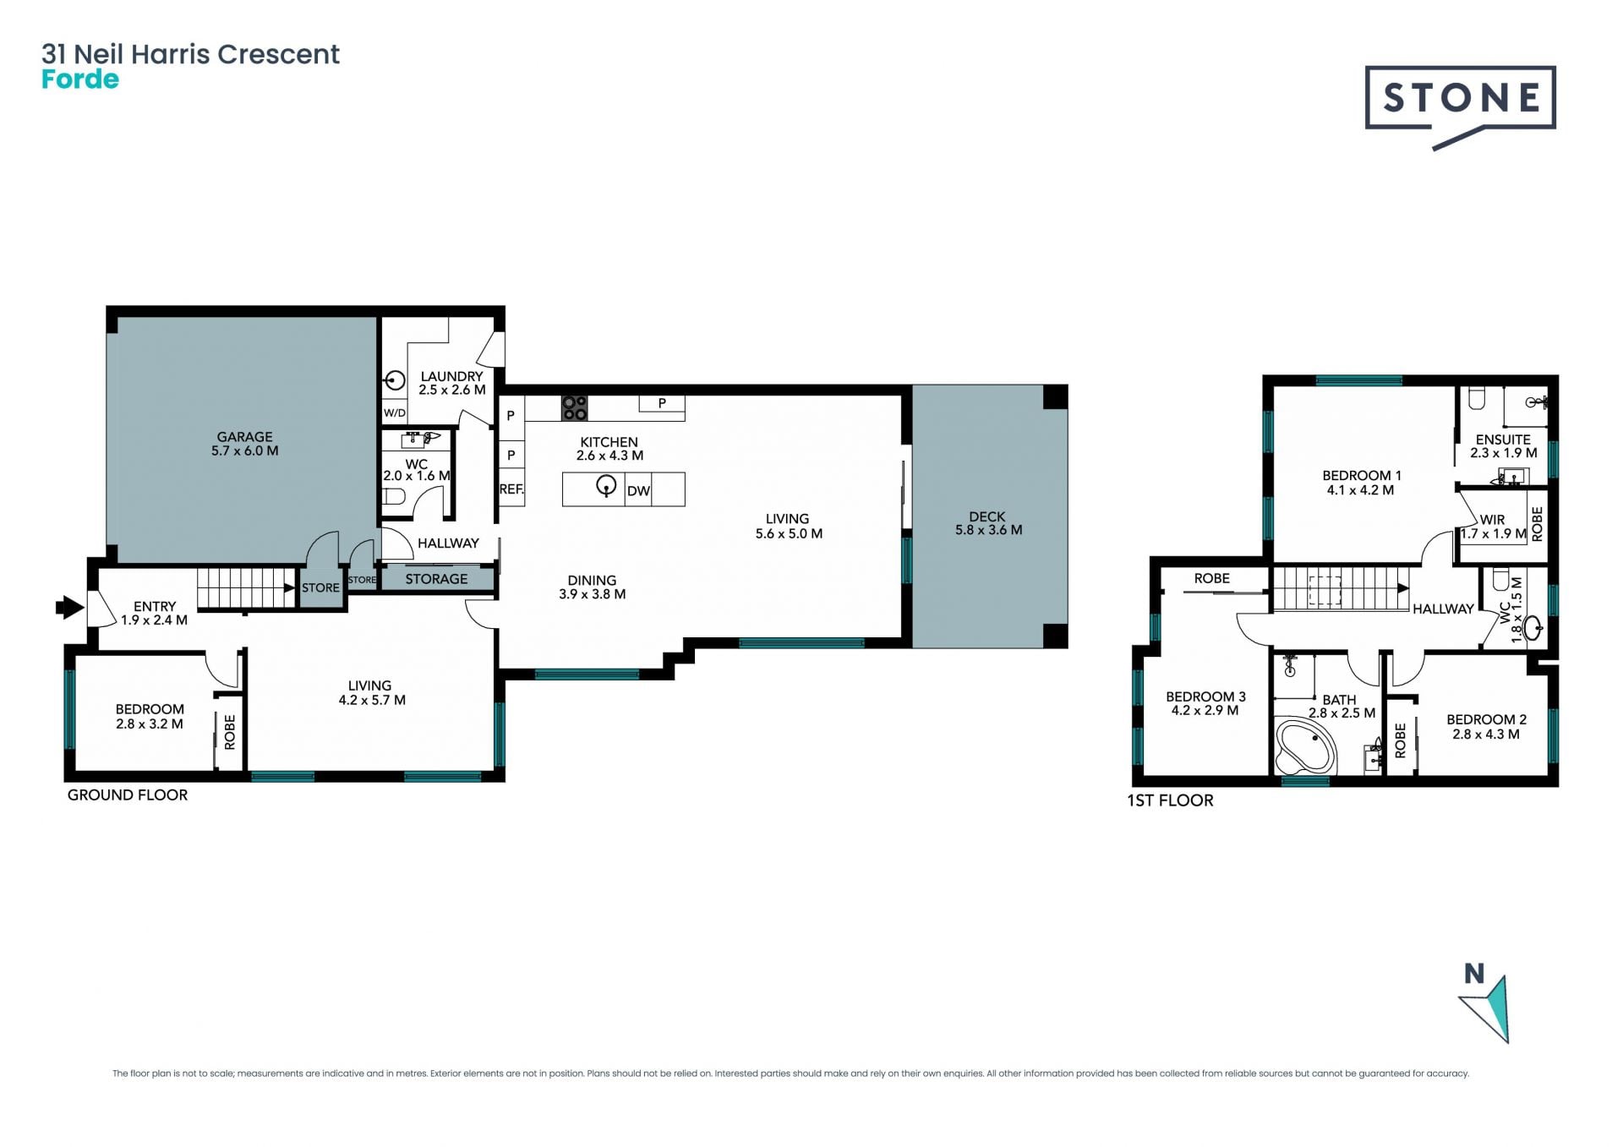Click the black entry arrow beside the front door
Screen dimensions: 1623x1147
pos(70,606)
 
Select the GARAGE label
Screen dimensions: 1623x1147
pos(244,436)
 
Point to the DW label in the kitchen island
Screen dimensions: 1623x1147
pos(639,491)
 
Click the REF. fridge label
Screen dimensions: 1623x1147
pos(511,489)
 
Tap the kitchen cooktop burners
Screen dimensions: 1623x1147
pos(575,408)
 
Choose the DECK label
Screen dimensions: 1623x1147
pos(987,516)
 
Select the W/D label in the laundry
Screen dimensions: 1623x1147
pos(395,413)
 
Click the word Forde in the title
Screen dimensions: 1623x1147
pos(80,79)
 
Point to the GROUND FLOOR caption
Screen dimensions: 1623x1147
pos(128,795)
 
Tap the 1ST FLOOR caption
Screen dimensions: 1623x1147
pos(1170,800)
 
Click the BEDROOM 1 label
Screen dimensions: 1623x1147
pos(1362,476)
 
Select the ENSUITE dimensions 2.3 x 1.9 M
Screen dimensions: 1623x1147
pos(1504,453)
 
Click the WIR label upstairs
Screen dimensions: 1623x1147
pos(1493,520)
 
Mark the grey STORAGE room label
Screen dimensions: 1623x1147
pos(436,579)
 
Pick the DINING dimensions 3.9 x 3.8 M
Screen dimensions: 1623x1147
pos(593,594)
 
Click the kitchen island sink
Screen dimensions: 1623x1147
pos(606,487)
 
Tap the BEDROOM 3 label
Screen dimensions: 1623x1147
pos(1205,696)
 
